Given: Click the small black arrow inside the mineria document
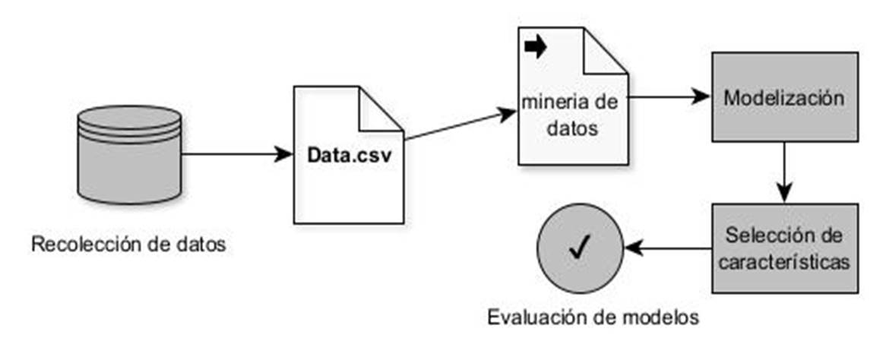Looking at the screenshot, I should click(x=536, y=47).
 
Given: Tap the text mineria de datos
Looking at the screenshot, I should click(x=571, y=114).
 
